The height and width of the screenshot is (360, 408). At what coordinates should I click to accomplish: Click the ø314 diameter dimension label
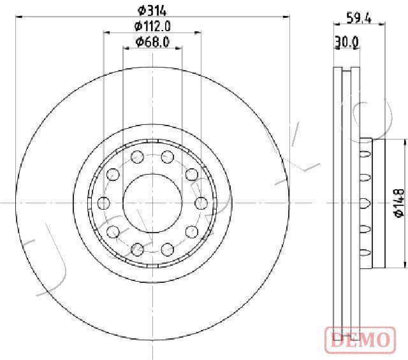pyautogui.click(x=152, y=11)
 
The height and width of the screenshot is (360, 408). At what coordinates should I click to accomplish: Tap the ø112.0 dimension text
pyautogui.click(x=152, y=26)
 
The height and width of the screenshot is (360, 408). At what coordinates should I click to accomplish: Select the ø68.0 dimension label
pyautogui.click(x=152, y=42)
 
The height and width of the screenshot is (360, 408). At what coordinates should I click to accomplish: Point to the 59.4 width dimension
pyautogui.click(x=359, y=18)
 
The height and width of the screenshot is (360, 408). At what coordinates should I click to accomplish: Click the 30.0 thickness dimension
pyautogui.click(x=347, y=41)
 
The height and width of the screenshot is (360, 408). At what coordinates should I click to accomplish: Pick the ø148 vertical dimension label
pyautogui.click(x=399, y=203)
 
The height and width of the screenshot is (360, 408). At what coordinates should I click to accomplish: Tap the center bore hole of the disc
pyautogui.click(x=152, y=203)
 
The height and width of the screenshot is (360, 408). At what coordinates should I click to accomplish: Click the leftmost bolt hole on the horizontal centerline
pyautogui.click(x=103, y=203)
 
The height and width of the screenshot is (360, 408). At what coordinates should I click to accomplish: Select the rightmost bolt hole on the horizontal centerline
pyautogui.click(x=201, y=203)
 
